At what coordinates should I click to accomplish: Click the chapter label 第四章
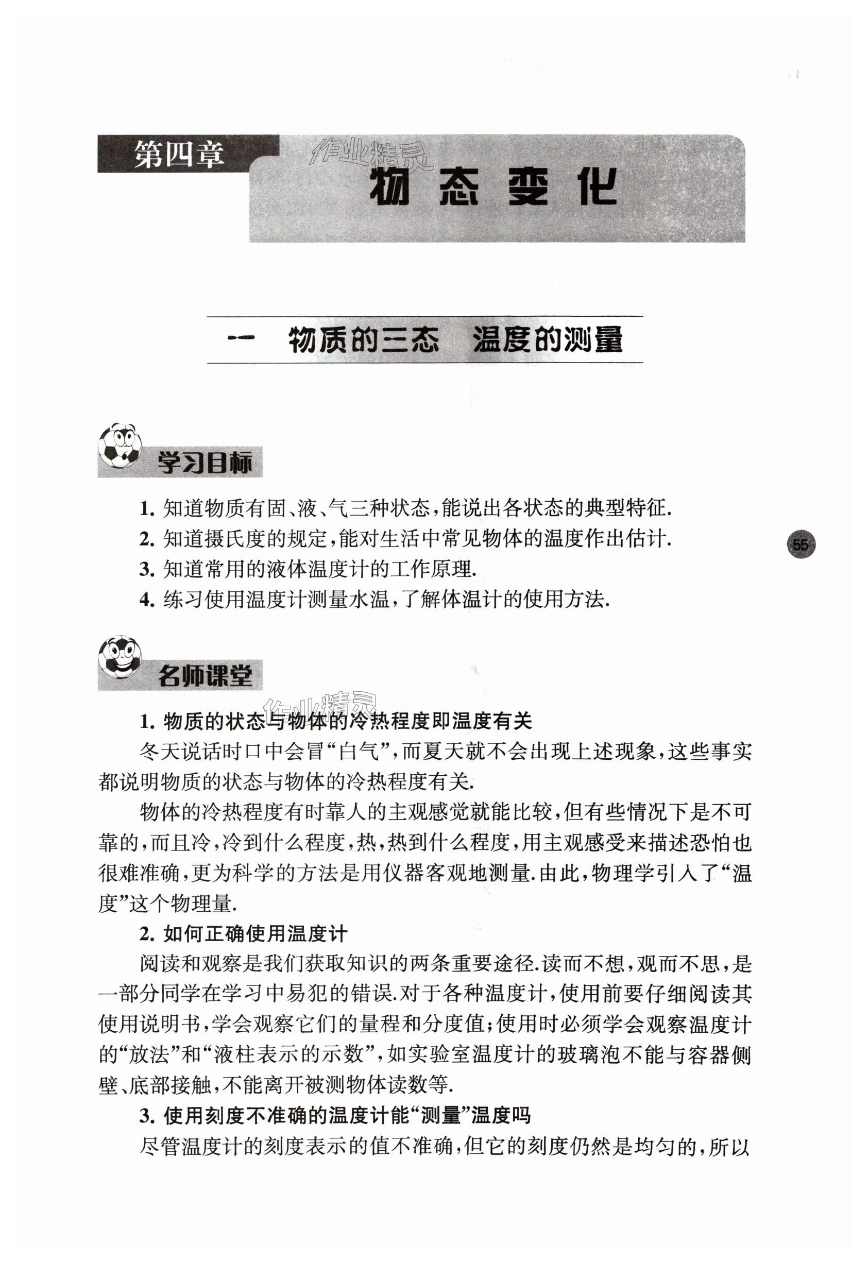point(179,155)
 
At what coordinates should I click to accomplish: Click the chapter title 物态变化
point(493,188)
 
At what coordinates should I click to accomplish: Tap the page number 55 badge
point(801,544)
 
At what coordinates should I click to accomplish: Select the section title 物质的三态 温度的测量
point(455,340)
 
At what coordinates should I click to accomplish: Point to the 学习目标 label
point(205,464)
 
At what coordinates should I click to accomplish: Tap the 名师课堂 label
point(205,676)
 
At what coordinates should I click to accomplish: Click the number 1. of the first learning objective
point(147,509)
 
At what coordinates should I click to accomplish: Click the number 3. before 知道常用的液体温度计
point(147,569)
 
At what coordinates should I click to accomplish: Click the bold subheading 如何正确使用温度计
point(255,934)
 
